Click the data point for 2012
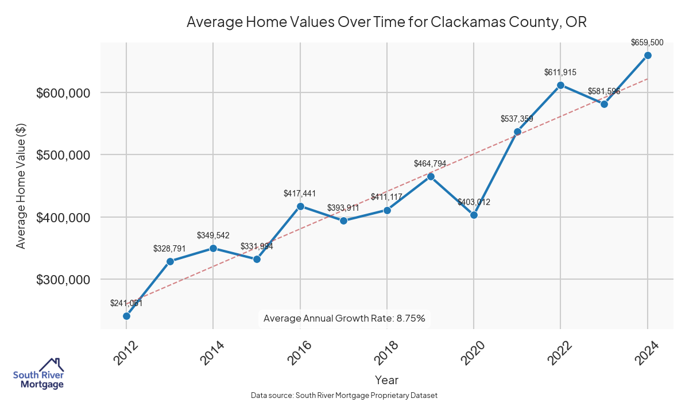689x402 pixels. (x=126, y=316)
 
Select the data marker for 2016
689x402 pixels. (x=300, y=206)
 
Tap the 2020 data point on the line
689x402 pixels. (x=474, y=215)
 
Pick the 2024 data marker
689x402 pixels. (x=648, y=55)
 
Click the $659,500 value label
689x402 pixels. (x=647, y=42)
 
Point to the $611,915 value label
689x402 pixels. (x=560, y=72)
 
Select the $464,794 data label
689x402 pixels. (x=430, y=164)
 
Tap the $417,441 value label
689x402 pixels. (x=300, y=194)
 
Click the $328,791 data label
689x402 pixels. (x=169, y=249)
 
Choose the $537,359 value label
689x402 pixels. (x=517, y=119)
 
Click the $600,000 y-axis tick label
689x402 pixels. (x=63, y=93)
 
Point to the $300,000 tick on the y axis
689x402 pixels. (x=63, y=280)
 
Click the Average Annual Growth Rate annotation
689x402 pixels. (x=344, y=318)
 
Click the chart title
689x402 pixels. (x=386, y=22)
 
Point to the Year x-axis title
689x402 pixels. (x=386, y=380)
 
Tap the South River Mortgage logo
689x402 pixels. (x=38, y=374)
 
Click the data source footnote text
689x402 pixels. (x=344, y=395)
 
